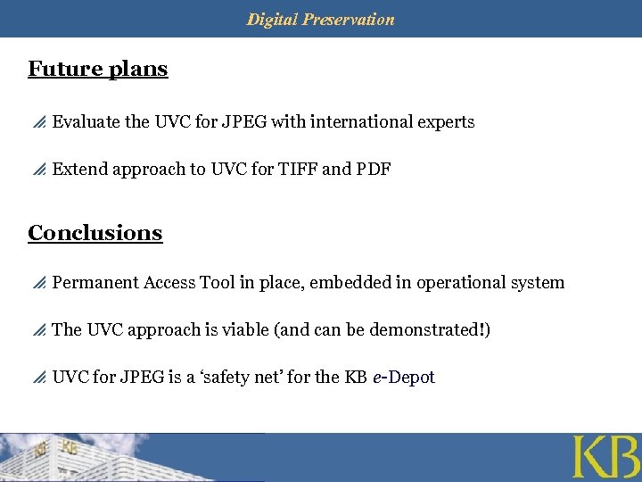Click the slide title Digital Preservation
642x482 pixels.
pyautogui.click(x=320, y=19)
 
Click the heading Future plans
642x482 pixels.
pyautogui.click(x=98, y=69)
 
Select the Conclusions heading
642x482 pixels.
pyautogui.click(x=95, y=233)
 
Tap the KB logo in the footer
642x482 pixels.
pyautogui.click(x=605, y=458)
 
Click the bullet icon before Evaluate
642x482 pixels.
pyautogui.click(x=38, y=122)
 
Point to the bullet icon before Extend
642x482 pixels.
pyautogui.click(x=38, y=170)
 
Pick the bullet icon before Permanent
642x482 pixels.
pyautogui.click(x=38, y=283)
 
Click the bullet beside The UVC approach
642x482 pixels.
pyautogui.click(x=38, y=330)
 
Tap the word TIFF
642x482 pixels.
pyautogui.click(x=298, y=170)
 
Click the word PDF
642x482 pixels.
pyautogui.click(x=374, y=170)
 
